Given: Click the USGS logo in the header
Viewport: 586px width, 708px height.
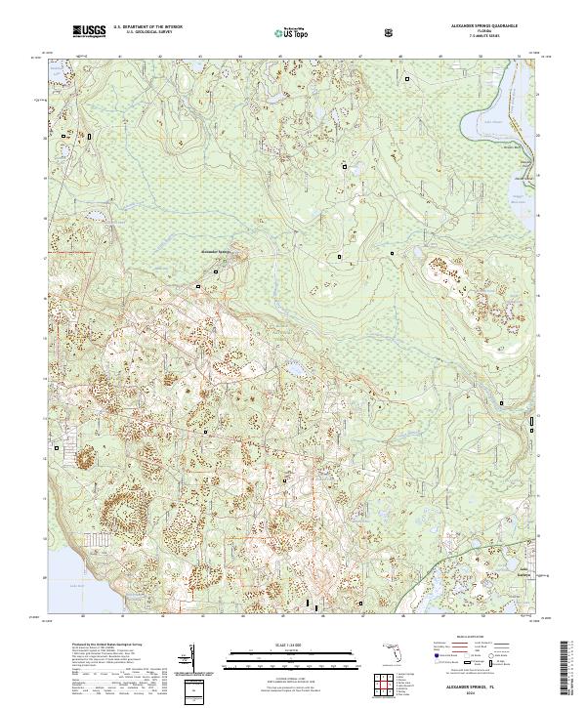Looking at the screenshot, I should point(89,32).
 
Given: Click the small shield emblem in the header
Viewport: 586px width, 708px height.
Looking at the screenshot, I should point(391,33).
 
